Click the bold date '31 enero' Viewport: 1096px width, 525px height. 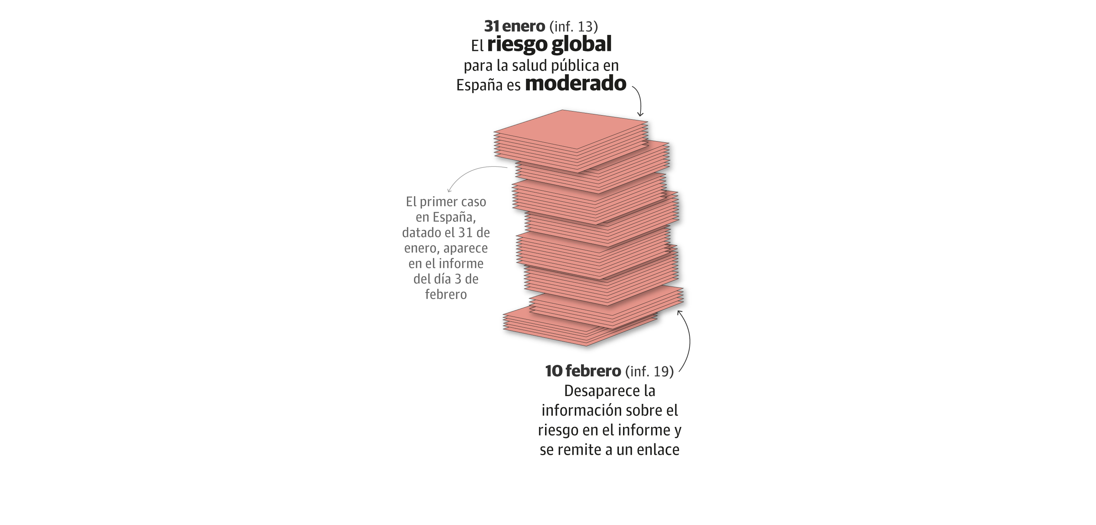coord(514,26)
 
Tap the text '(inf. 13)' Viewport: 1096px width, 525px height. coord(574,26)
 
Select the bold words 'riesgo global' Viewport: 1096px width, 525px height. coord(549,44)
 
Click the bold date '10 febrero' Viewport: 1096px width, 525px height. coord(583,371)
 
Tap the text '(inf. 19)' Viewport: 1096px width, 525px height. coord(649,371)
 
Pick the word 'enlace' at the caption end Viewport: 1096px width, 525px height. coord(658,450)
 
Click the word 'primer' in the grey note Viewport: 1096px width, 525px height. coord(438,202)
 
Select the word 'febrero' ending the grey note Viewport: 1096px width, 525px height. coord(446,294)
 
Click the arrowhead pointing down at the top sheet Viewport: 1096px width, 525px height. coord(640,114)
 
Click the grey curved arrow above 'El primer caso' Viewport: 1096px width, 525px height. coord(472,172)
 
